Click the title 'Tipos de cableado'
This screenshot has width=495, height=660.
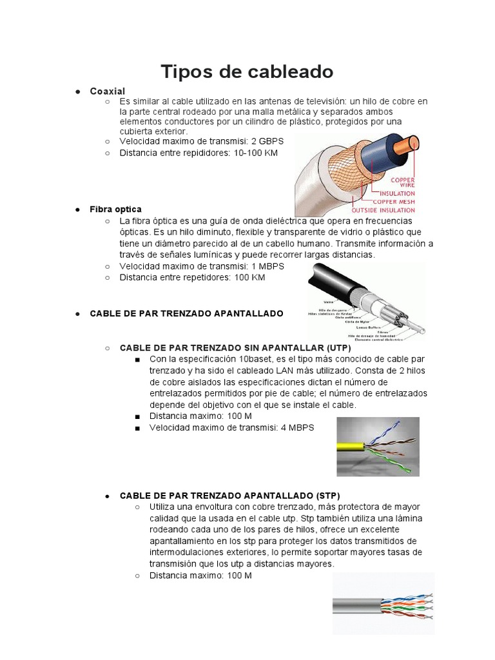[x=247, y=72]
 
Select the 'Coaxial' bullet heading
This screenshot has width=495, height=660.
[x=107, y=91]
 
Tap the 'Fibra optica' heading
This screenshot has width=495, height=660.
[x=115, y=209]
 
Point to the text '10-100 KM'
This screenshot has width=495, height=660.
[x=256, y=153]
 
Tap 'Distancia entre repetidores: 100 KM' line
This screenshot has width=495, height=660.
[x=192, y=277]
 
